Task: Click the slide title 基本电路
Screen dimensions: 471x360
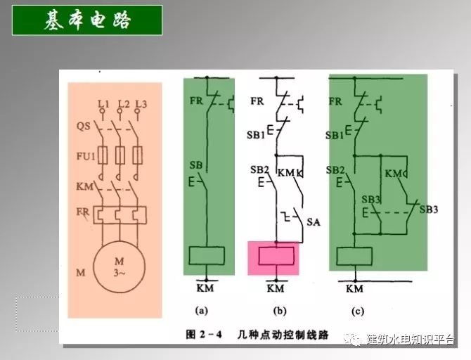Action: [x=88, y=21]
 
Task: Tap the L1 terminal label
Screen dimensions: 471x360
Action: [x=104, y=104]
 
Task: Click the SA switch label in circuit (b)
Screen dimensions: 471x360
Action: [x=314, y=221]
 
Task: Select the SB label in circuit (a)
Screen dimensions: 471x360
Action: [x=196, y=165]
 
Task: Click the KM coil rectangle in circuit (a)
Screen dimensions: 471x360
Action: [x=208, y=256]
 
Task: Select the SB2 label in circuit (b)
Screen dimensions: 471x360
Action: [x=259, y=170]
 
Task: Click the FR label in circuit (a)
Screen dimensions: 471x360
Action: [x=196, y=100]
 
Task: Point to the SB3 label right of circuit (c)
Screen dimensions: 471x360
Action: [x=429, y=210]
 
